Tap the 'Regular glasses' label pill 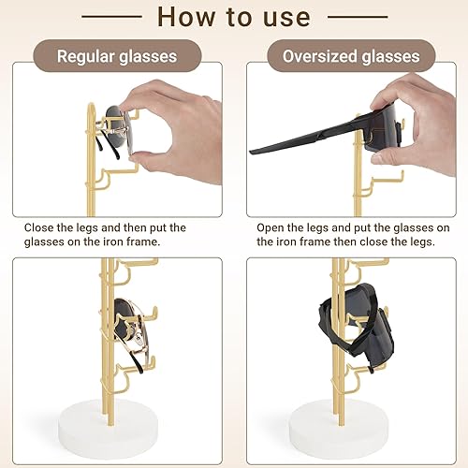tap(117, 56)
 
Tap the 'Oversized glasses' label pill tap(351, 56)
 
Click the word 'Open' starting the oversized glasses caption tap(273, 227)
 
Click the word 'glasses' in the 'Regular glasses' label tap(148, 56)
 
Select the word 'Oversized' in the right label tap(321, 56)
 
